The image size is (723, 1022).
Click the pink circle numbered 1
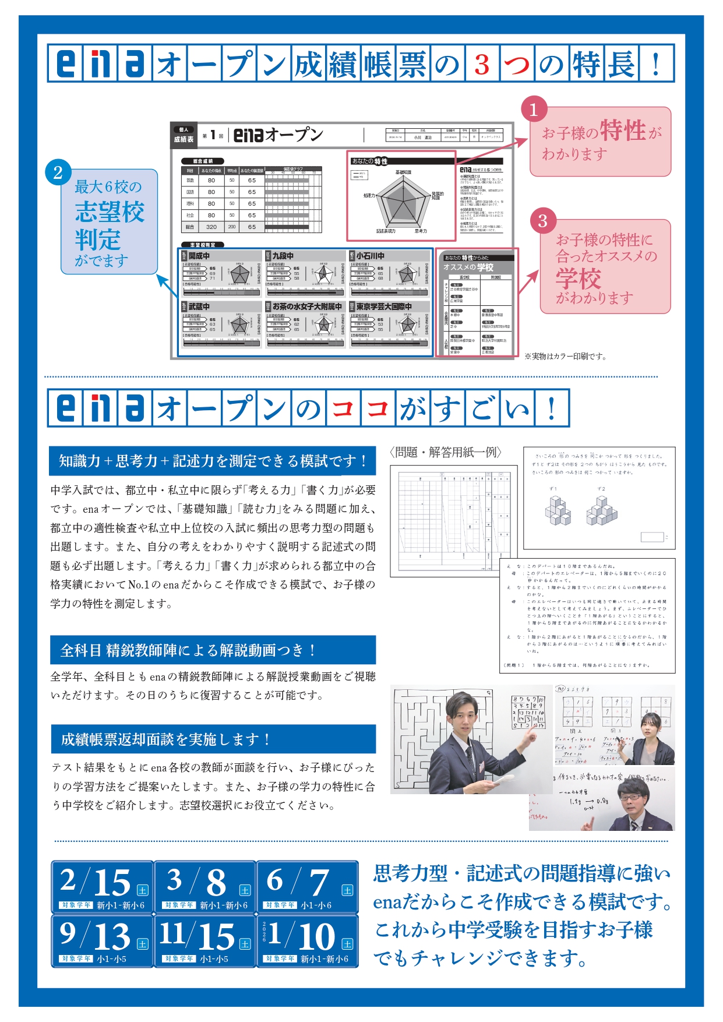(533, 109)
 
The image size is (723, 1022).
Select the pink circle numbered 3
(543, 221)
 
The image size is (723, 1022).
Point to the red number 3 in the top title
(481, 64)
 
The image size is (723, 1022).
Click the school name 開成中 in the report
(199, 256)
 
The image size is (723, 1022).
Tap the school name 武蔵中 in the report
(199, 306)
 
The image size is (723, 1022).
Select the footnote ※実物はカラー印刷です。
(565, 356)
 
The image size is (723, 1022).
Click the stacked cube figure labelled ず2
(602, 510)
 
